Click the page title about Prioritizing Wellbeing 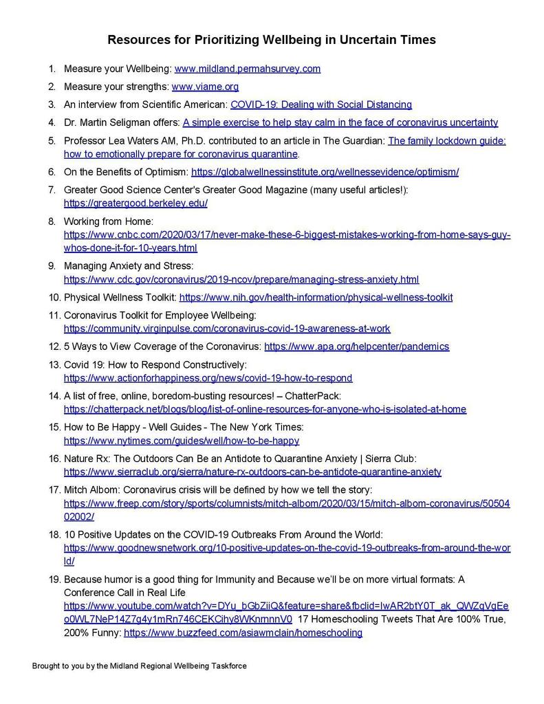272,40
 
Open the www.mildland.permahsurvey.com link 248,69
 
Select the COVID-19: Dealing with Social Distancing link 321,104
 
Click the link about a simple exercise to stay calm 340,122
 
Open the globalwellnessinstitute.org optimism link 325,172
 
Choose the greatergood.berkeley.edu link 135,203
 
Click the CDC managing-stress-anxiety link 241,279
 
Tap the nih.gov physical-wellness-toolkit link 316,297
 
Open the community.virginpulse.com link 227,329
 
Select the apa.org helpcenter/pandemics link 356,346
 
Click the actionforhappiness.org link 208,378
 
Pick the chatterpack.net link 265,409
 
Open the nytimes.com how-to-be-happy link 182,441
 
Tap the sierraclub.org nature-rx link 252,472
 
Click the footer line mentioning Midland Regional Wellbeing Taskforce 139,666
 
